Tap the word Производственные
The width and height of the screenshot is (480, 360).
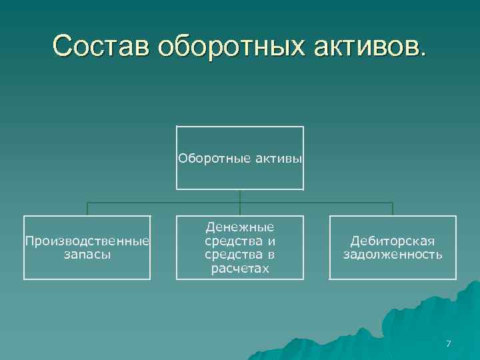(87, 241)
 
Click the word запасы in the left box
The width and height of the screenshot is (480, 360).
(87, 254)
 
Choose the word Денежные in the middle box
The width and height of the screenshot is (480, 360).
(240, 227)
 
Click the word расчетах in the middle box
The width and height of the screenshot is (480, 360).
(240, 268)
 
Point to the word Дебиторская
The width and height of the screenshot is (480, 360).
(393, 241)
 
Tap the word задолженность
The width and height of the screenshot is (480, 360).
(393, 254)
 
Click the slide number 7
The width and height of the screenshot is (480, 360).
(448, 344)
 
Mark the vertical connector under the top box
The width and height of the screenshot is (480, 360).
(240, 196)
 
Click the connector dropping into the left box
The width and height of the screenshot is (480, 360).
(87, 209)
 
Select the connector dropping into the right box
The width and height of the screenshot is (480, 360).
(393, 209)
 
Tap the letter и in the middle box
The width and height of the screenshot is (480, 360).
(272, 241)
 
